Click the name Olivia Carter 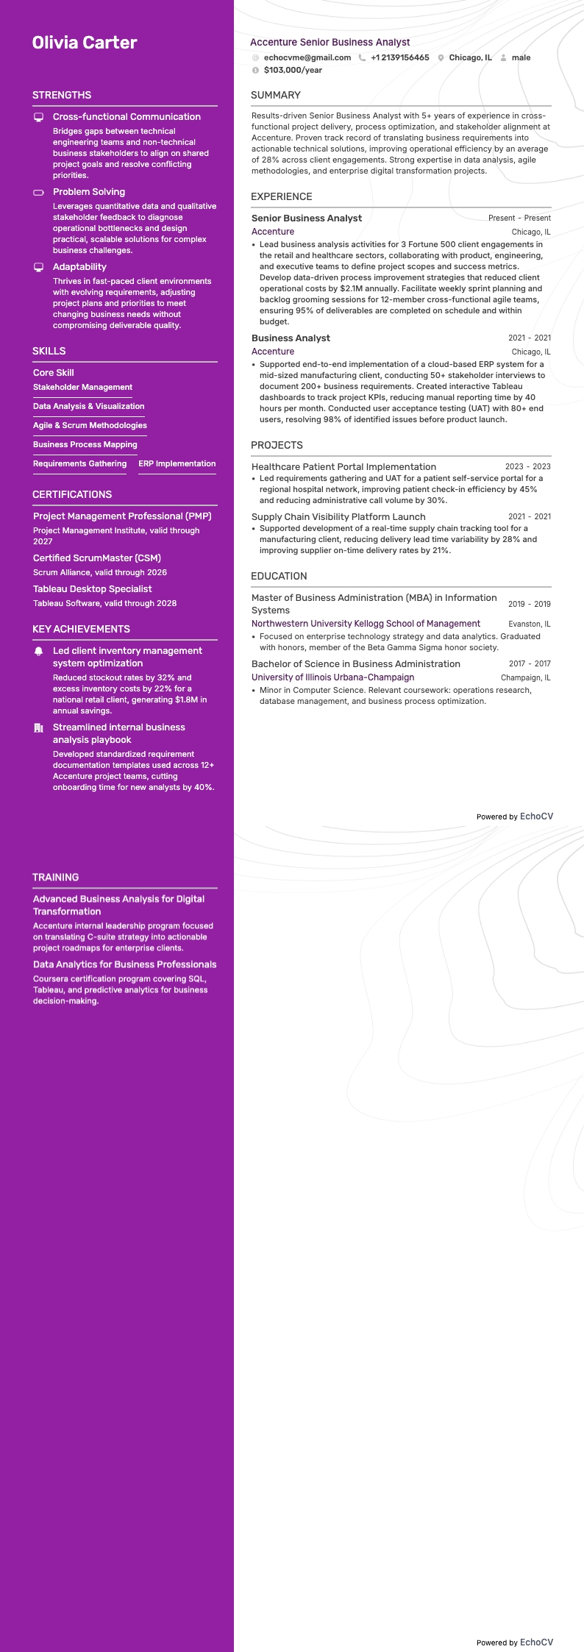[x=85, y=43]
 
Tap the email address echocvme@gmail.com [x=307, y=57]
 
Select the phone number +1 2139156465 [x=399, y=57]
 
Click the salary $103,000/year [x=293, y=70]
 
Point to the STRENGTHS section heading [x=62, y=95]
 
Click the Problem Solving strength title [x=89, y=192]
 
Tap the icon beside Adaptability [x=39, y=267]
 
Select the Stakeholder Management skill [x=82, y=387]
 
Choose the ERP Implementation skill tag [x=177, y=463]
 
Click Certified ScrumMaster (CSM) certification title [x=96, y=558]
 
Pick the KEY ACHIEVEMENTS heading [x=81, y=629]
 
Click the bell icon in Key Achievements [x=39, y=652]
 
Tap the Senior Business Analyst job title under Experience [x=306, y=218]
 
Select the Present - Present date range [x=519, y=218]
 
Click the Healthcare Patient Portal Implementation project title [x=343, y=466]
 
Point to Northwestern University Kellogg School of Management [x=366, y=624]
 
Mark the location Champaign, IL [x=525, y=677]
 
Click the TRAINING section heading [x=55, y=877]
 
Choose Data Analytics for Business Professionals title [x=124, y=964]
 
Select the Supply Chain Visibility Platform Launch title [x=338, y=516]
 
